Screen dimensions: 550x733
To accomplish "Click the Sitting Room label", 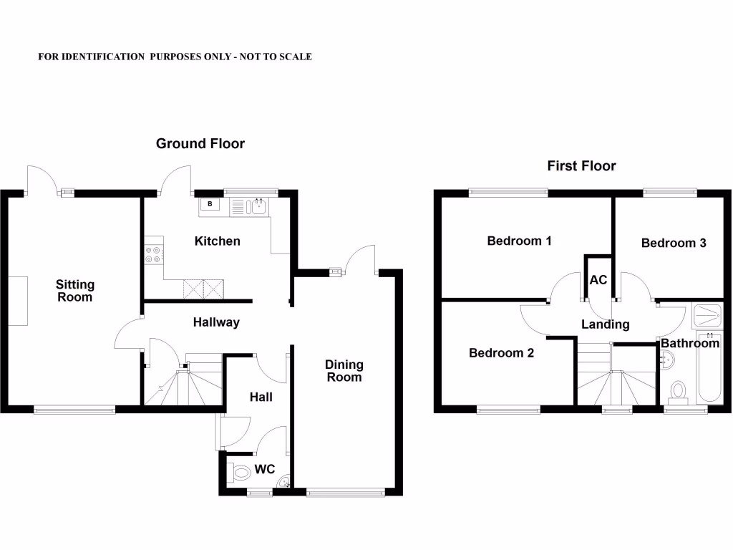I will [x=74, y=291].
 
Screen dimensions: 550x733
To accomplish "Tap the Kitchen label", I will [x=217, y=241].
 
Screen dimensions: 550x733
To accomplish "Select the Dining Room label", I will [x=344, y=371].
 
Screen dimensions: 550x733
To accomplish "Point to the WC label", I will [x=265, y=471].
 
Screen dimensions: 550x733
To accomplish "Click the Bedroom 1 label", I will [x=519, y=241].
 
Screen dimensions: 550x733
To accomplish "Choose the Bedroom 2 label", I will [x=501, y=353].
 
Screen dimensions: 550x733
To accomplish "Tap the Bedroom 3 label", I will [x=674, y=243].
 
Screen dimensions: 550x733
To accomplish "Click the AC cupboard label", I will [x=598, y=280].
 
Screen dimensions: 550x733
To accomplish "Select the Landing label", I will [x=605, y=324].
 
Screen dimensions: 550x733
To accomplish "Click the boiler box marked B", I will [x=210, y=204].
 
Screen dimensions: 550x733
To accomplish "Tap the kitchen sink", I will [x=258, y=207].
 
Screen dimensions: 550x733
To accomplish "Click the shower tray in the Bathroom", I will [x=708, y=314].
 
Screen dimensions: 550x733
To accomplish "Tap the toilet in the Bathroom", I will [x=676, y=391].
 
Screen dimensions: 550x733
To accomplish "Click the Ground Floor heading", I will [x=200, y=144].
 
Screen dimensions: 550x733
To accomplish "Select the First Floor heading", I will [x=581, y=166].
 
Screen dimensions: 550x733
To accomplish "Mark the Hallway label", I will [x=216, y=323].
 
